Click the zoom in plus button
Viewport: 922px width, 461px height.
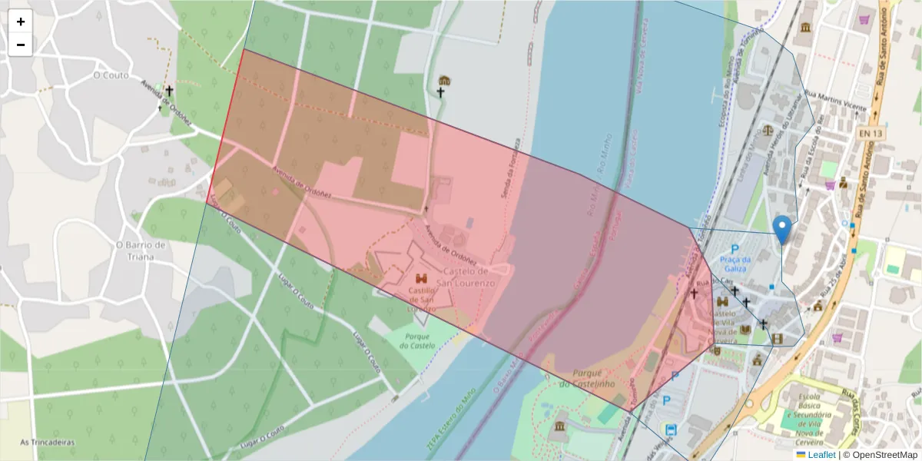21,22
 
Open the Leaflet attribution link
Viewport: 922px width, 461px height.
821,455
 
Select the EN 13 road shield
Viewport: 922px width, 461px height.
871,134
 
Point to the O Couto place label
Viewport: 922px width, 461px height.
110,75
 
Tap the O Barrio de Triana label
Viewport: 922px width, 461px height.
141,250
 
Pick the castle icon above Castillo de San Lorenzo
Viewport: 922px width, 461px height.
421,278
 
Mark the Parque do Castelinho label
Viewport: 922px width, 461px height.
588,378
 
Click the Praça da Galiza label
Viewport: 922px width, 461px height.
735,264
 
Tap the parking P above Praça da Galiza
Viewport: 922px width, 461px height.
735,249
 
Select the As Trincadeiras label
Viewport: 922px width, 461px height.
46,442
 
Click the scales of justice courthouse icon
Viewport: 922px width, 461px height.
767,132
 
